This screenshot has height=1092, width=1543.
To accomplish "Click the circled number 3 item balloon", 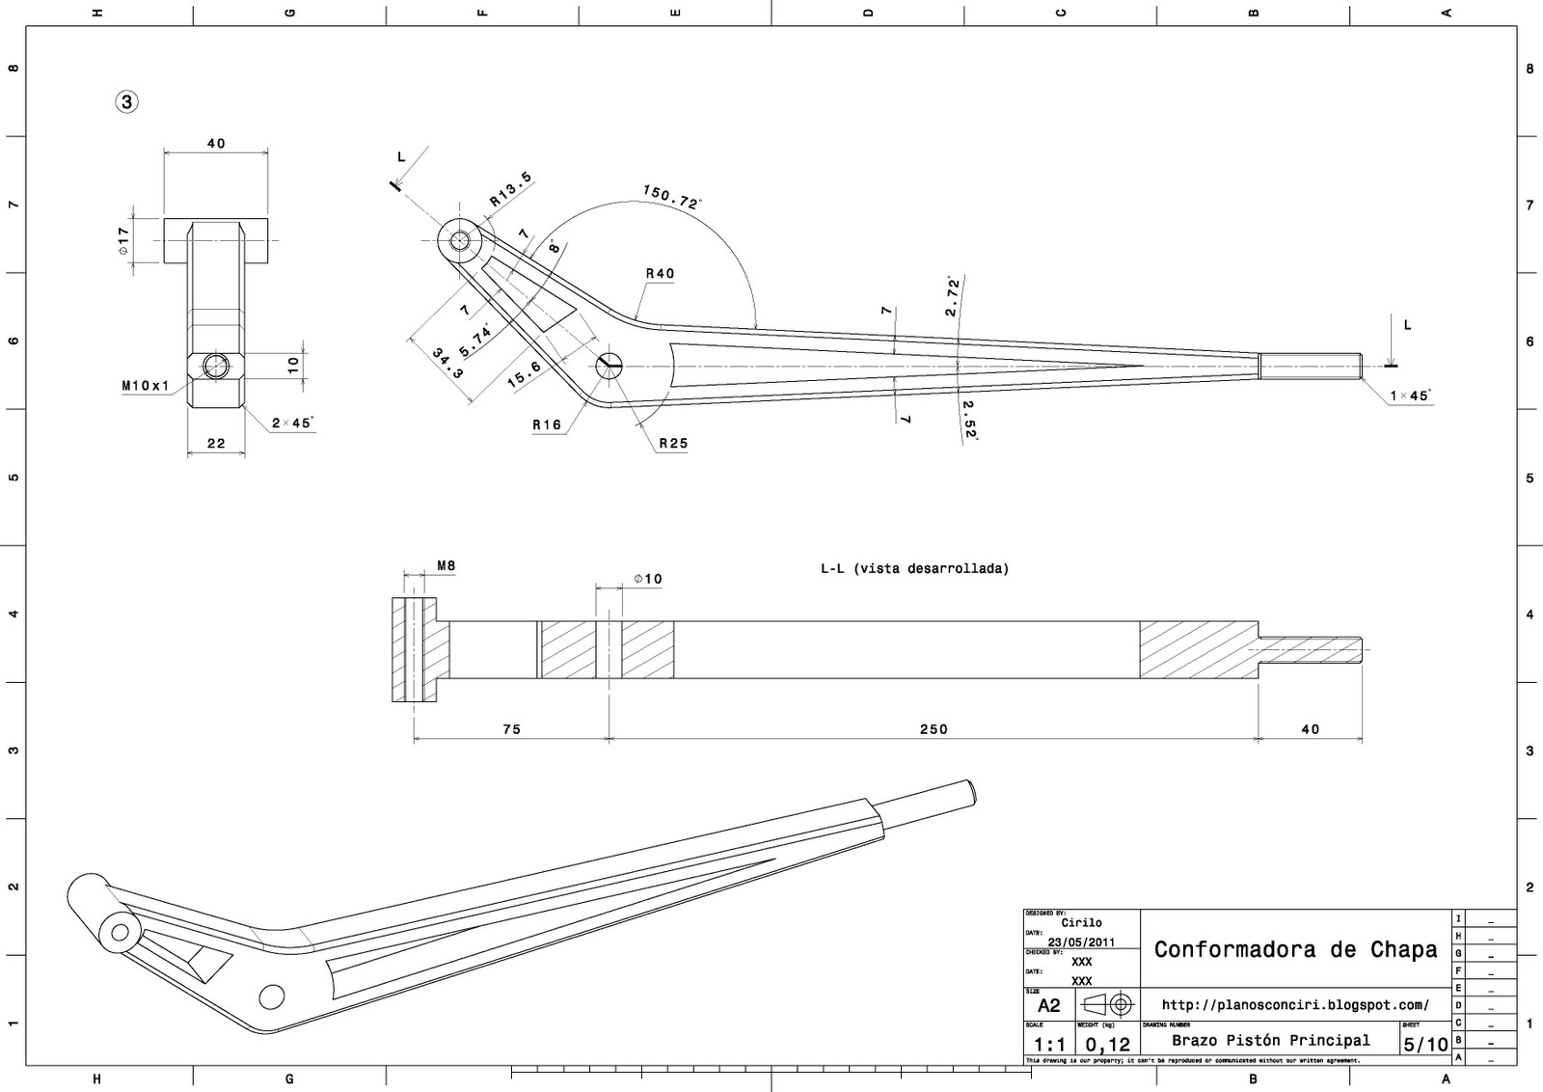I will (126, 101).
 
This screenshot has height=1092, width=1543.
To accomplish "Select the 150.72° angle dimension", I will (672, 196).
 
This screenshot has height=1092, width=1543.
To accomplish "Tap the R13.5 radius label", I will (510, 190).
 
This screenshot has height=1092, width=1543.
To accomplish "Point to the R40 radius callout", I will (660, 274).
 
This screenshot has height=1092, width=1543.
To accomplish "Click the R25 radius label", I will (673, 444).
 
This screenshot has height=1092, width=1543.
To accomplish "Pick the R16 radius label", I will (546, 424).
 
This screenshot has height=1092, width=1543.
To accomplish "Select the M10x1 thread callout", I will (146, 386).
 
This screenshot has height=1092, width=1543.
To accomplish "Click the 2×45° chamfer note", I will (293, 423).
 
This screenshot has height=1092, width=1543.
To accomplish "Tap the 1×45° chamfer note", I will (1411, 396).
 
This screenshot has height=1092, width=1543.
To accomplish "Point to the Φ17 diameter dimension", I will (123, 240).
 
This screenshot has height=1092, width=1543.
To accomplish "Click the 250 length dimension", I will (933, 729).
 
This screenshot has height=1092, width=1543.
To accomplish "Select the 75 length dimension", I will (511, 729).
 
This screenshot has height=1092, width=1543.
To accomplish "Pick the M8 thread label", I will (446, 566).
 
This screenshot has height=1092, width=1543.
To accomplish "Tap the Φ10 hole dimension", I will (648, 579).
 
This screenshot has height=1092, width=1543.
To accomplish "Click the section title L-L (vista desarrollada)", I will (914, 569).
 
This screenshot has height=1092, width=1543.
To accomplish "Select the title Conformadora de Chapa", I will (1295, 949).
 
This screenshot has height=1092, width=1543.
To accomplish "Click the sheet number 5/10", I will (1425, 1044).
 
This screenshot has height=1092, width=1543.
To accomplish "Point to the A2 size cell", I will (1048, 1005).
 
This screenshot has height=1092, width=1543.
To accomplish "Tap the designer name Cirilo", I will (1081, 923).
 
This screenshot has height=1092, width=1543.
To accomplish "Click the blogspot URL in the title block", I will (1295, 1005).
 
